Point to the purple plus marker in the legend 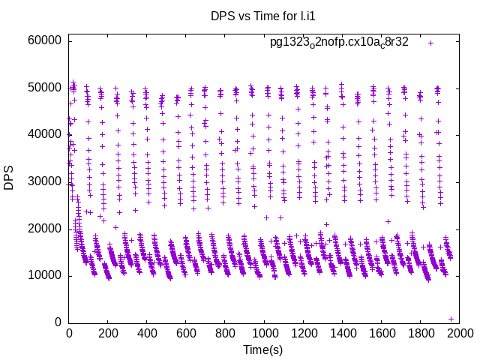pyautogui.click(x=431, y=43)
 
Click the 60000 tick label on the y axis pyautogui.click(x=44, y=40)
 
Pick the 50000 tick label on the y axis pyautogui.click(x=44, y=88)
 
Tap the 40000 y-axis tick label pyautogui.click(x=44, y=134)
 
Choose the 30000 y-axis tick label pyautogui.click(x=44, y=181)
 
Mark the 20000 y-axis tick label pyautogui.click(x=44, y=229)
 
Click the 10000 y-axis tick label pyautogui.click(x=44, y=275)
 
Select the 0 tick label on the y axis pyautogui.click(x=58, y=322)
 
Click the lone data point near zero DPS pyautogui.click(x=451, y=319)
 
